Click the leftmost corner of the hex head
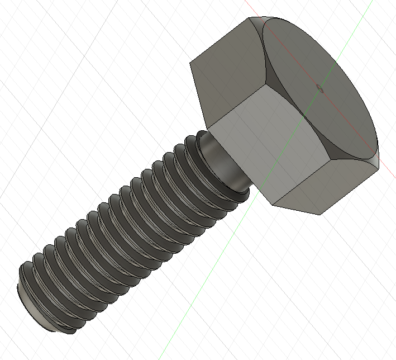pyautogui.click(x=191, y=61)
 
